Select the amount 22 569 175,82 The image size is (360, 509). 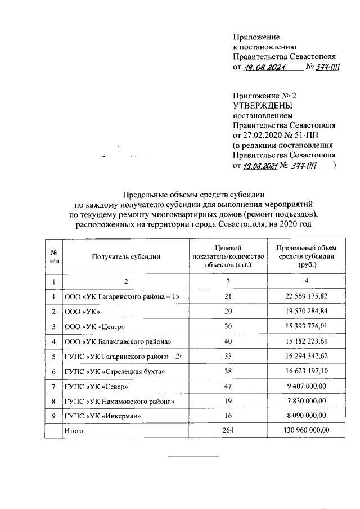[x=306, y=296]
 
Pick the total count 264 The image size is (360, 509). [x=228, y=430]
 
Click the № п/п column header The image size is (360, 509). [x=53, y=256]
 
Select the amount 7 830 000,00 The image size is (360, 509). [x=306, y=402]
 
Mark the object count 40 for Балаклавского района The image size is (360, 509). [x=228, y=341]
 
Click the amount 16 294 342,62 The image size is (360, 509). [x=306, y=357]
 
